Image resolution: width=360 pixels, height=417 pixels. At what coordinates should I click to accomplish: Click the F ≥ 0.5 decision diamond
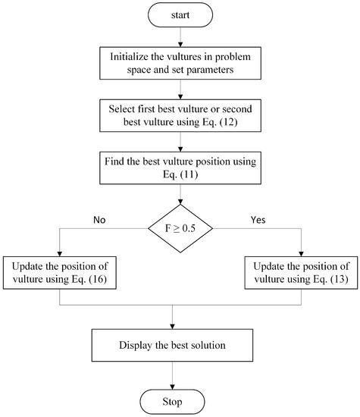coord(180,225)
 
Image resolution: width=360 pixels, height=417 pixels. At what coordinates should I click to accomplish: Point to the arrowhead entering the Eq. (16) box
coord(60,254)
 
